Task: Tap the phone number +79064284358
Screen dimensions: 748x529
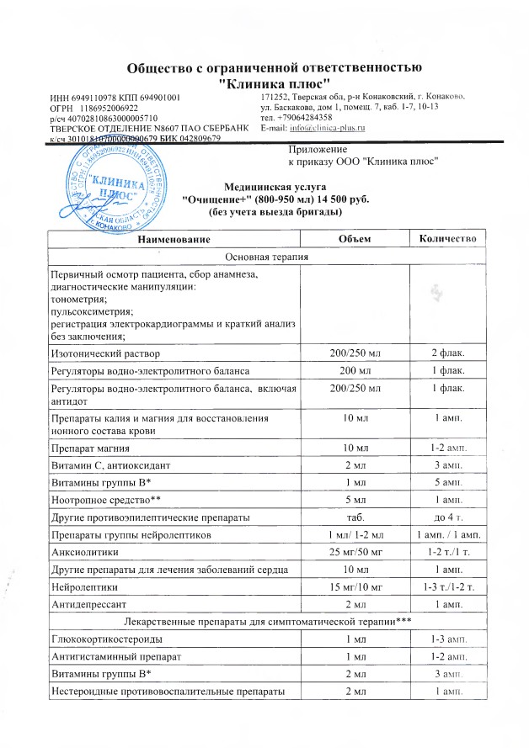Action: [x=308, y=117]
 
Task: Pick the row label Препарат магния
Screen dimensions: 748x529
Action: [x=91, y=442]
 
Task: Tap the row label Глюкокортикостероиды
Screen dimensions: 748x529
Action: [x=105, y=642]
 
